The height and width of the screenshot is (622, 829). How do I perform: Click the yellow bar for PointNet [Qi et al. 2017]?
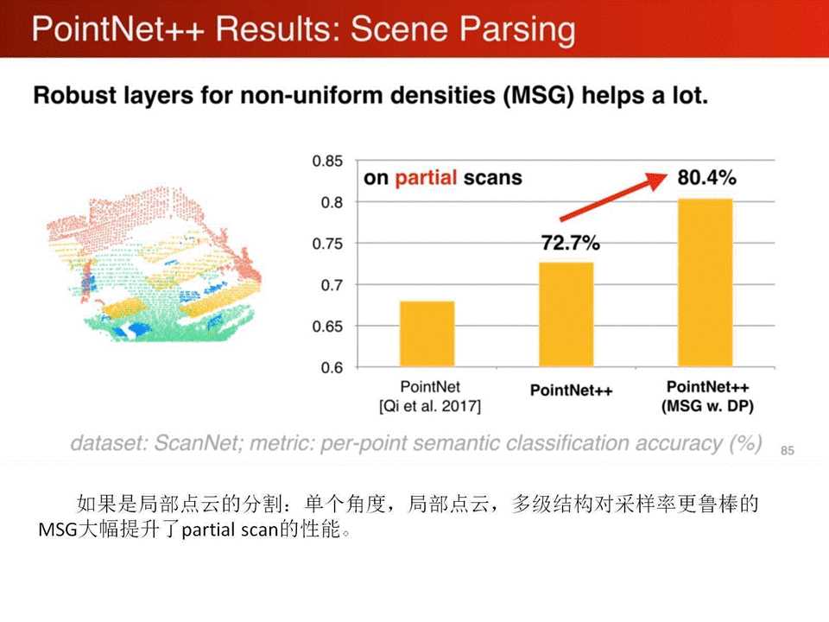tap(427, 333)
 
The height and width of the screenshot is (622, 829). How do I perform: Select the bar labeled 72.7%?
tap(566, 314)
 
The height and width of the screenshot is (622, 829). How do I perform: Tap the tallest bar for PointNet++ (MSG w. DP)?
tap(706, 283)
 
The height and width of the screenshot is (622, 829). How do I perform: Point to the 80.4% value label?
tap(707, 178)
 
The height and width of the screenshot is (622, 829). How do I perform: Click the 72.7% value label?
tap(571, 243)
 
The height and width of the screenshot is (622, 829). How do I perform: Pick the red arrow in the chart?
tap(613, 196)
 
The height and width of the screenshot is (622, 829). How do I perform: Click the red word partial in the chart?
tap(426, 178)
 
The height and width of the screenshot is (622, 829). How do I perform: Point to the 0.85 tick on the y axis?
tap(327, 161)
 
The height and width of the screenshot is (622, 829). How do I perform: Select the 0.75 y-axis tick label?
tap(327, 244)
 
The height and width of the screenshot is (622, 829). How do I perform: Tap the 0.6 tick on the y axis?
tap(332, 368)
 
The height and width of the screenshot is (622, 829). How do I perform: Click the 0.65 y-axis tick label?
tap(327, 327)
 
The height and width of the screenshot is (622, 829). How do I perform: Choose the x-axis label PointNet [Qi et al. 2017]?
tap(430, 397)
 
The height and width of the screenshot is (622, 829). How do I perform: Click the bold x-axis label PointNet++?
tap(571, 390)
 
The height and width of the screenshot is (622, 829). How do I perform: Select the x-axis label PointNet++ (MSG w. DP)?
tap(707, 397)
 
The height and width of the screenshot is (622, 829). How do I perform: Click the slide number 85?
tap(788, 450)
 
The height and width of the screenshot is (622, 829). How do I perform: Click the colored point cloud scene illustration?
tap(154, 264)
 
